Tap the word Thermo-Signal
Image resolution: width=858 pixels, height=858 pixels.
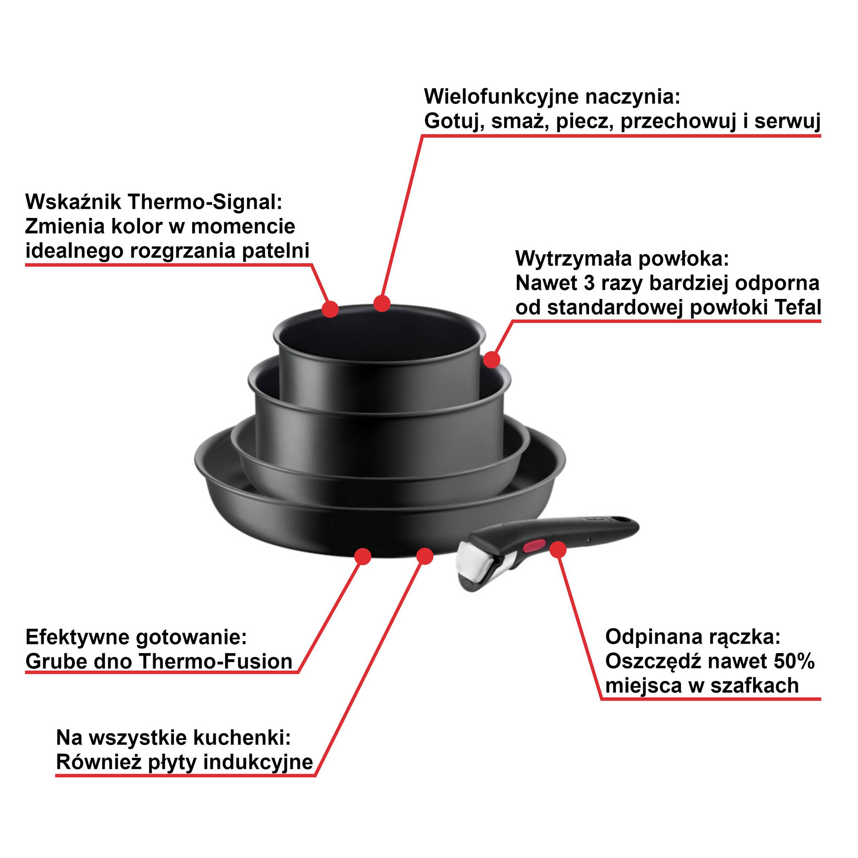205,202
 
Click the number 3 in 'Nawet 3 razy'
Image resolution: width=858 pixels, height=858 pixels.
589,283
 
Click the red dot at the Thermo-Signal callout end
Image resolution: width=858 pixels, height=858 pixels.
330,309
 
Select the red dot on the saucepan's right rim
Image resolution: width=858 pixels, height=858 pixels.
491,359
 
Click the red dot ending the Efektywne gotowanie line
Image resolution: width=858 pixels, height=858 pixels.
363,557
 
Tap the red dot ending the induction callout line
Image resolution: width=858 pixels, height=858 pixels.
425,556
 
